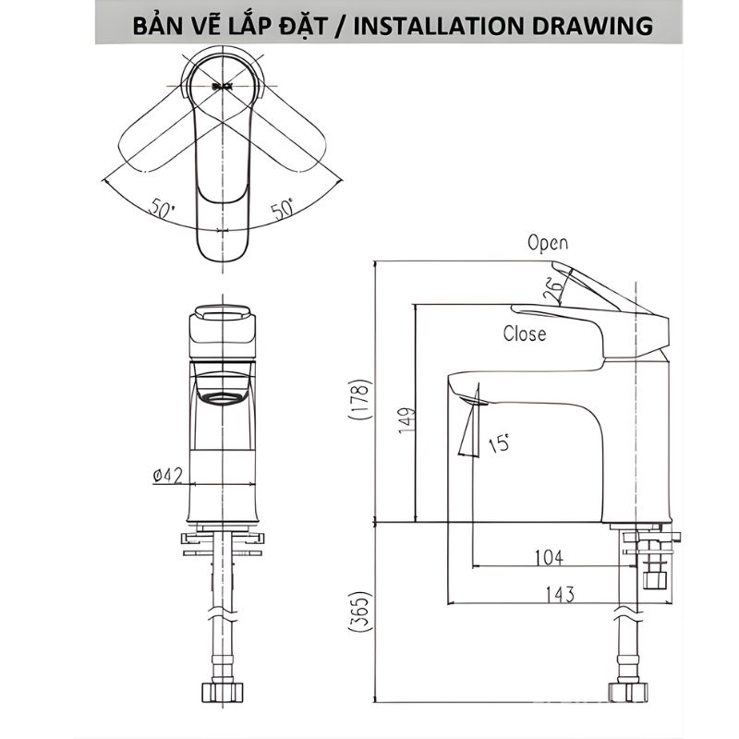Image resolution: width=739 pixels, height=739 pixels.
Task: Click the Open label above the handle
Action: [548, 243]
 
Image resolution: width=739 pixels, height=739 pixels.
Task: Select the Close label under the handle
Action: [524, 333]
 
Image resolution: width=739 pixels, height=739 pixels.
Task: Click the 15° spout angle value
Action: [500, 443]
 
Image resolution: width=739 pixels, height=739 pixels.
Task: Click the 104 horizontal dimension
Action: [550, 556]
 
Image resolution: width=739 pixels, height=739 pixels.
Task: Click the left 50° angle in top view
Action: [161, 210]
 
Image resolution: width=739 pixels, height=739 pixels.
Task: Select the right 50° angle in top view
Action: [282, 210]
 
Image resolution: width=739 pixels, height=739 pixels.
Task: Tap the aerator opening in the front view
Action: [222, 398]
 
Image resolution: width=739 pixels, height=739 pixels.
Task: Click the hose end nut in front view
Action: [222, 693]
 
